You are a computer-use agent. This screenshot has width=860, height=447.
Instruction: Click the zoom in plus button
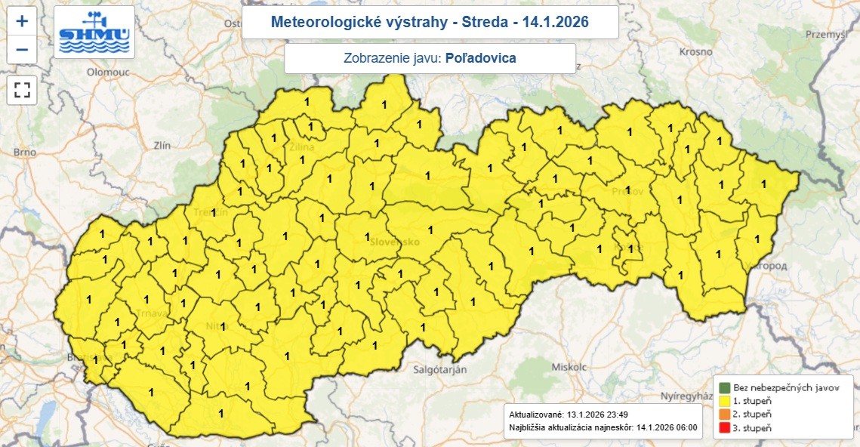coord(22,20)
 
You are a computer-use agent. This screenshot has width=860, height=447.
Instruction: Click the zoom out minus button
coord(22,50)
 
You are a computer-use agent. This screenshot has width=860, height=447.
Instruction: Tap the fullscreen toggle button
coord(22,90)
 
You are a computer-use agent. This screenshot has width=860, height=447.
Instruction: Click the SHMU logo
coord(94,32)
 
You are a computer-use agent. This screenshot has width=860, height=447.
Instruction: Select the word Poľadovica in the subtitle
coord(482,58)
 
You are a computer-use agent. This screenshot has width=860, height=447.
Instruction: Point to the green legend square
coord(723,387)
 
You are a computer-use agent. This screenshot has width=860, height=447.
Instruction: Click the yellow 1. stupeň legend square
coord(723,401)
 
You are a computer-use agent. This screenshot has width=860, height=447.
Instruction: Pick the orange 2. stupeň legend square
coord(723,415)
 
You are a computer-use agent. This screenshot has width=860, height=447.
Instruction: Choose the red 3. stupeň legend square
coord(723,428)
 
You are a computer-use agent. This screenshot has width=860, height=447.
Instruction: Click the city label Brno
coord(25,152)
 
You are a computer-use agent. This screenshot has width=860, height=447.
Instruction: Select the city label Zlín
coord(162,144)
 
